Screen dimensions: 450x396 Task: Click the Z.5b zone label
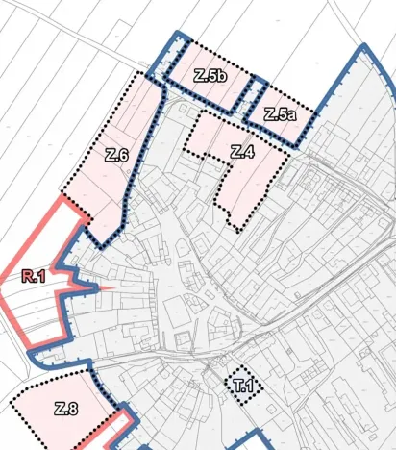coord(210,76)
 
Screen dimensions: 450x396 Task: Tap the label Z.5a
coord(279,114)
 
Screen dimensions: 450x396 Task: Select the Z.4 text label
coord(242,151)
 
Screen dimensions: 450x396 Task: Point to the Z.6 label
coord(117,155)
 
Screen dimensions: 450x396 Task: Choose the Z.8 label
coord(65,409)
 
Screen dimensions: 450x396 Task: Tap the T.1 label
coord(242,387)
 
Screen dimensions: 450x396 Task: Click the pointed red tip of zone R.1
coord(114,287)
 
